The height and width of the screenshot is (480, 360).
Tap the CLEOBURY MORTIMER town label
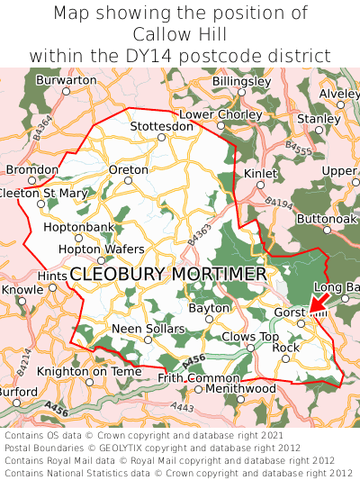coord(167,274)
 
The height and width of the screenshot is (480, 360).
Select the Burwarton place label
coord(67,80)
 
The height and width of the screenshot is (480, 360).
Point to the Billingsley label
coord(241,81)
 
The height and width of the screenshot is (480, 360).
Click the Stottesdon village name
coord(161,126)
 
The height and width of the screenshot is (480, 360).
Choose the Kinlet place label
coord(261,172)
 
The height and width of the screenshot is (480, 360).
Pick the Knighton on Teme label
coord(89,371)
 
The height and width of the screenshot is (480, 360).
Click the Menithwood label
coord(240,388)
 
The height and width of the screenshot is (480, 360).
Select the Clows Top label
coord(250,336)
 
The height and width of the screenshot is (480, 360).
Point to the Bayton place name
coord(209,308)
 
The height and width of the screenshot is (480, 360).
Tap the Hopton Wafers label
coord(100,249)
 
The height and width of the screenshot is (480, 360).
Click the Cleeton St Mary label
coord(42,193)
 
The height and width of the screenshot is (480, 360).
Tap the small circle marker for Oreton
coord(128,180)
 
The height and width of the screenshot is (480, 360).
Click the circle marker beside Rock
coord(285,358)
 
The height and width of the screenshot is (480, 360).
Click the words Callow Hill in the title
coord(180,34)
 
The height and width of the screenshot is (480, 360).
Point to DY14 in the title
coord(178,55)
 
